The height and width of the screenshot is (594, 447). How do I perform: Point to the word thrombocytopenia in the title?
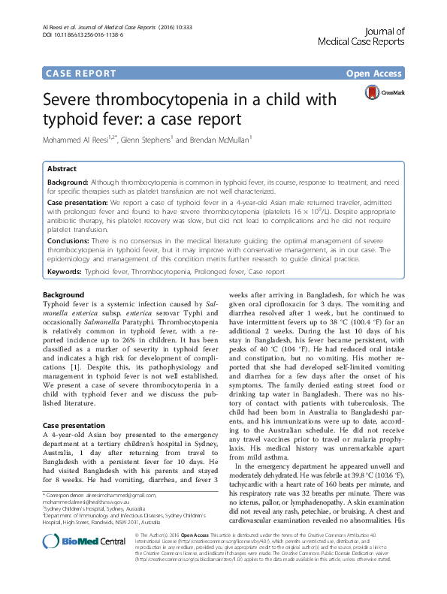coord(198,100)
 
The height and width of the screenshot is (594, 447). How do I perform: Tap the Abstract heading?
coord(62,170)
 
